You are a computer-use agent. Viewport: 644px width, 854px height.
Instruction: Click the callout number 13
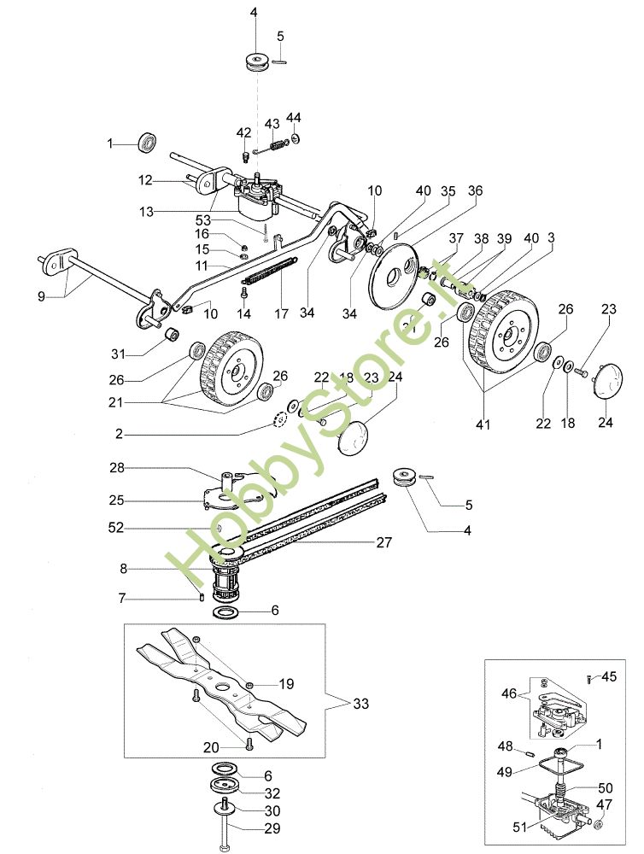[147, 211]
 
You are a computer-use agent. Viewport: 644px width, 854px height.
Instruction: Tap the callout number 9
[41, 297]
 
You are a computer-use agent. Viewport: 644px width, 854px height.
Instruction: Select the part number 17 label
[281, 313]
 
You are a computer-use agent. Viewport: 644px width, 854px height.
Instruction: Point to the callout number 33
[360, 704]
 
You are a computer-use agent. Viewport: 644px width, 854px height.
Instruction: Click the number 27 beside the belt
[384, 542]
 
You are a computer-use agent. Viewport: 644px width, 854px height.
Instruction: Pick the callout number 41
[483, 424]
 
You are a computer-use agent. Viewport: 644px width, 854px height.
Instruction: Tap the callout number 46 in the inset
[509, 693]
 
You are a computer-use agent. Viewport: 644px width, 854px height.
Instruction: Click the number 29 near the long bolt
[272, 828]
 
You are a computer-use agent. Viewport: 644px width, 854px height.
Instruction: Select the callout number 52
[117, 527]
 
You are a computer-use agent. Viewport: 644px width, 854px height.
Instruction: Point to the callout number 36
[475, 190]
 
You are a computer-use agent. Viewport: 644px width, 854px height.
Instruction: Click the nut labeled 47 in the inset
[600, 824]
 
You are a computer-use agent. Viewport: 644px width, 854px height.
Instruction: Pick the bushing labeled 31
[173, 333]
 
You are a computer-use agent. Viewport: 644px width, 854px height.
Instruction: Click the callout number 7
[122, 599]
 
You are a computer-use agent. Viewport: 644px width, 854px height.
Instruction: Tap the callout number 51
[520, 827]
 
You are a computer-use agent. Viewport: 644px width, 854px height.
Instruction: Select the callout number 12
[145, 179]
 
